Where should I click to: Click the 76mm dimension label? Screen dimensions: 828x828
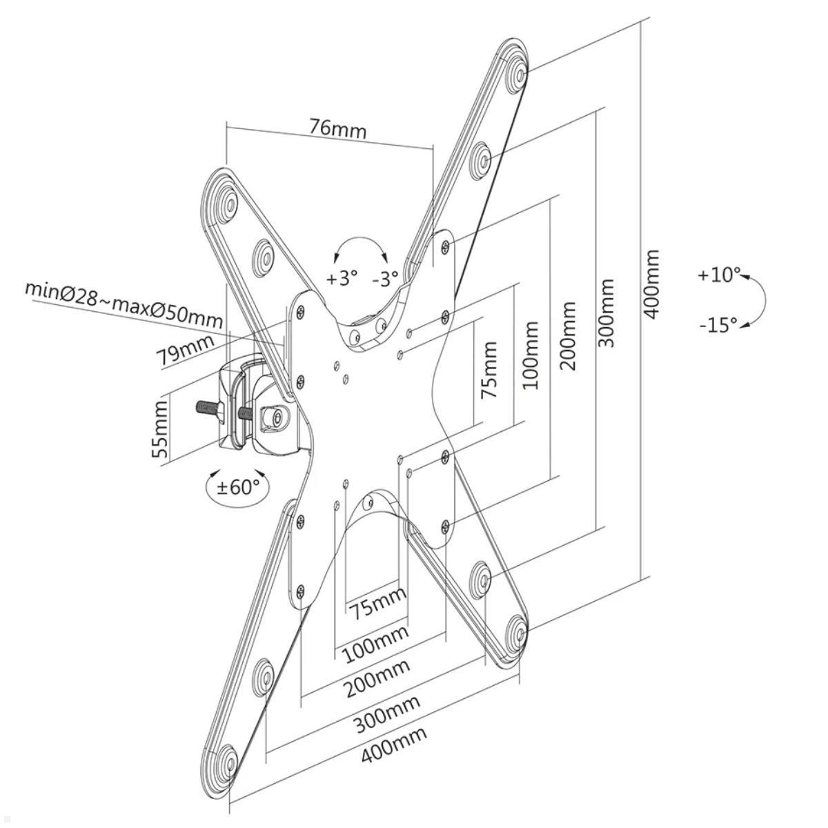click(337, 128)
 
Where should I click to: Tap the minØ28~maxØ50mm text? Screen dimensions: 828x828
click(124, 304)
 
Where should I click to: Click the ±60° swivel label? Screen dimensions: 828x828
click(238, 487)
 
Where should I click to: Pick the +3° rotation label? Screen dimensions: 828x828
click(342, 278)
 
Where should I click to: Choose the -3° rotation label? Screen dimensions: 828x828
click(385, 279)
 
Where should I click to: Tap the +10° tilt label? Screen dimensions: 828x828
click(718, 275)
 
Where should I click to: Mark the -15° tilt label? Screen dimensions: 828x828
click(718, 324)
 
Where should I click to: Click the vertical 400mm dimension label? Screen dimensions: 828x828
click(651, 284)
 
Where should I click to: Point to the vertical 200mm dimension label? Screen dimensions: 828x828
click(568, 335)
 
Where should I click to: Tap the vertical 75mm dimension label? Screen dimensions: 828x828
click(489, 369)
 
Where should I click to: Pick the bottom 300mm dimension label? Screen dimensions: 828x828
click(387, 715)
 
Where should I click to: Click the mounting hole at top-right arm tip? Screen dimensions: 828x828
click(517, 71)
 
